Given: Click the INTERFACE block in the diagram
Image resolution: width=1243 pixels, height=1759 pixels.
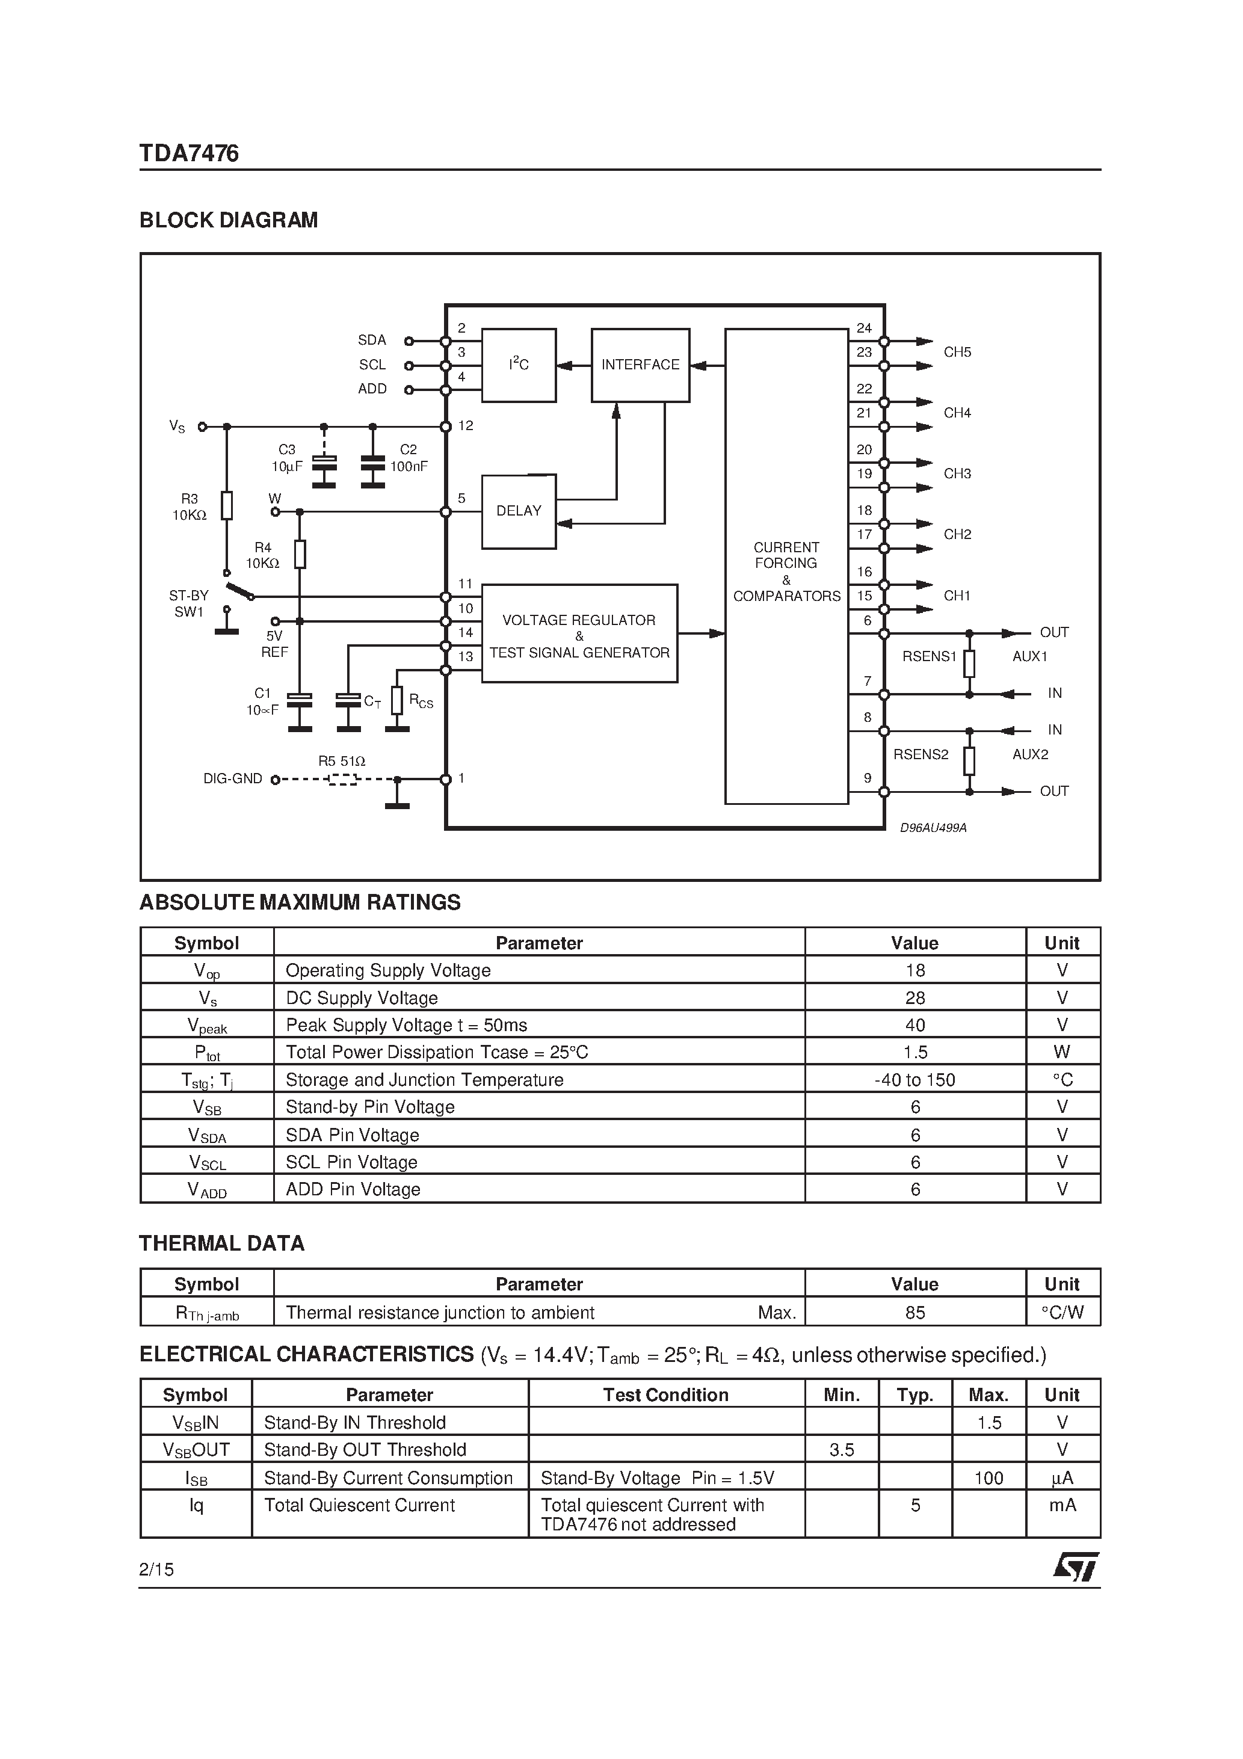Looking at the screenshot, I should coord(640,365).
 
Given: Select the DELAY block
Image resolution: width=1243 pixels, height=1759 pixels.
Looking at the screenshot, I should coord(518,511).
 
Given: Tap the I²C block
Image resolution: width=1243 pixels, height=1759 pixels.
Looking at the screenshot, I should coord(518,365).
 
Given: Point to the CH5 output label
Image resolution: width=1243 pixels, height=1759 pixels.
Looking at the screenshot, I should coord(957,353).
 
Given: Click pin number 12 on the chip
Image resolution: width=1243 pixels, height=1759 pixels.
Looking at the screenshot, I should coord(465,426).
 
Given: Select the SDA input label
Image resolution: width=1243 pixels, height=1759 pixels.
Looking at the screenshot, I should coord(372,340).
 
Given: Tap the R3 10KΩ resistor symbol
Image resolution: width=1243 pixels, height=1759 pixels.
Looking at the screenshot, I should coord(226,506).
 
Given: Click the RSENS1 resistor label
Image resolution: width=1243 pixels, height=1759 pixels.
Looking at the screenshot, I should coord(929,656).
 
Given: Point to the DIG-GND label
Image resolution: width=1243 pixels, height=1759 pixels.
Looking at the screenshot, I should coord(232,779).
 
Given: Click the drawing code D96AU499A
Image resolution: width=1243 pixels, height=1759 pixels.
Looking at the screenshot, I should coord(933,828).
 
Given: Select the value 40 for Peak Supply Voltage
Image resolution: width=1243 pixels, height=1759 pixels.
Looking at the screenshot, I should coord(915,1025).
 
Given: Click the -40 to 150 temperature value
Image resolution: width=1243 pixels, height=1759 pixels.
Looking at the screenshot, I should coord(915,1080).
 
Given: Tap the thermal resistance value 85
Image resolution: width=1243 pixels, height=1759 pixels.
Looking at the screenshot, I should coord(915,1313).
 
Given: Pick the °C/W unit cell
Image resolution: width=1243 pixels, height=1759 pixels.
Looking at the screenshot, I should coord(1062,1313).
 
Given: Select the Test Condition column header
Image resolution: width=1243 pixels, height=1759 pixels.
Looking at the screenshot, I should coord(665,1395).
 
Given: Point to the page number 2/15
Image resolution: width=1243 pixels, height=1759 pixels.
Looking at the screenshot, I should coord(156,1570).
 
